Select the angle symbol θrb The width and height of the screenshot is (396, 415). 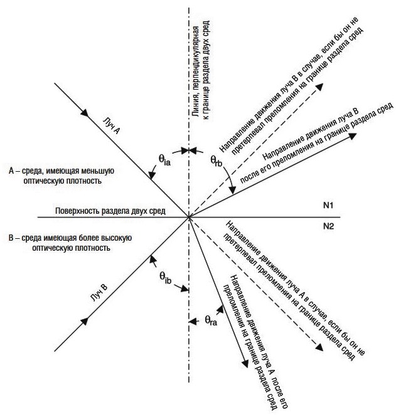[x=217, y=161]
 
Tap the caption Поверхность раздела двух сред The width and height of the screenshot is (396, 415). [x=110, y=211]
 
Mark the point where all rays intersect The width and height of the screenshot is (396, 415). [x=189, y=218]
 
